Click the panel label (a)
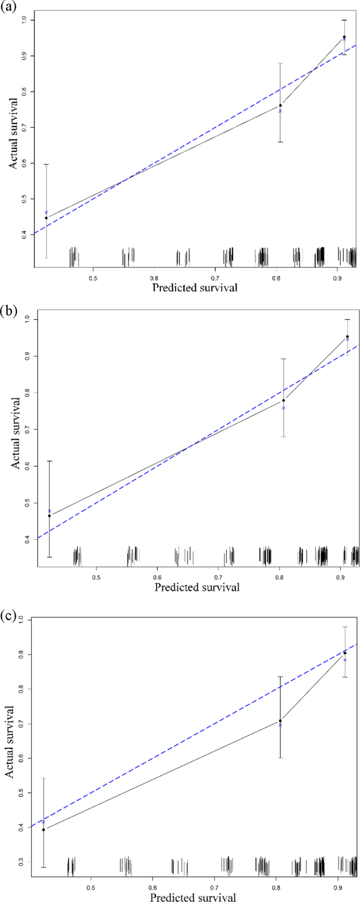coord(9,7)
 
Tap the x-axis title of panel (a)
coord(194,288)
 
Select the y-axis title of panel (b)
coord(16,433)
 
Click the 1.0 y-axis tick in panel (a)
coord(24,20)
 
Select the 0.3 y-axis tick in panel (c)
coord(21,862)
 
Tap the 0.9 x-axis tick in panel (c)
coord(336,872)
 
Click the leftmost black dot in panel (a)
coord(46,218)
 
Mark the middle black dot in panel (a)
coord(280,105)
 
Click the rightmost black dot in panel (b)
coord(347,336)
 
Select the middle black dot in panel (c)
coord(280,721)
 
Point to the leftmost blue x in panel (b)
coord(49,511)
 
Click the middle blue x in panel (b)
coord(283,408)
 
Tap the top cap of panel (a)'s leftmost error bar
coord(46,165)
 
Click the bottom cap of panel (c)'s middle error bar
coord(280,757)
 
